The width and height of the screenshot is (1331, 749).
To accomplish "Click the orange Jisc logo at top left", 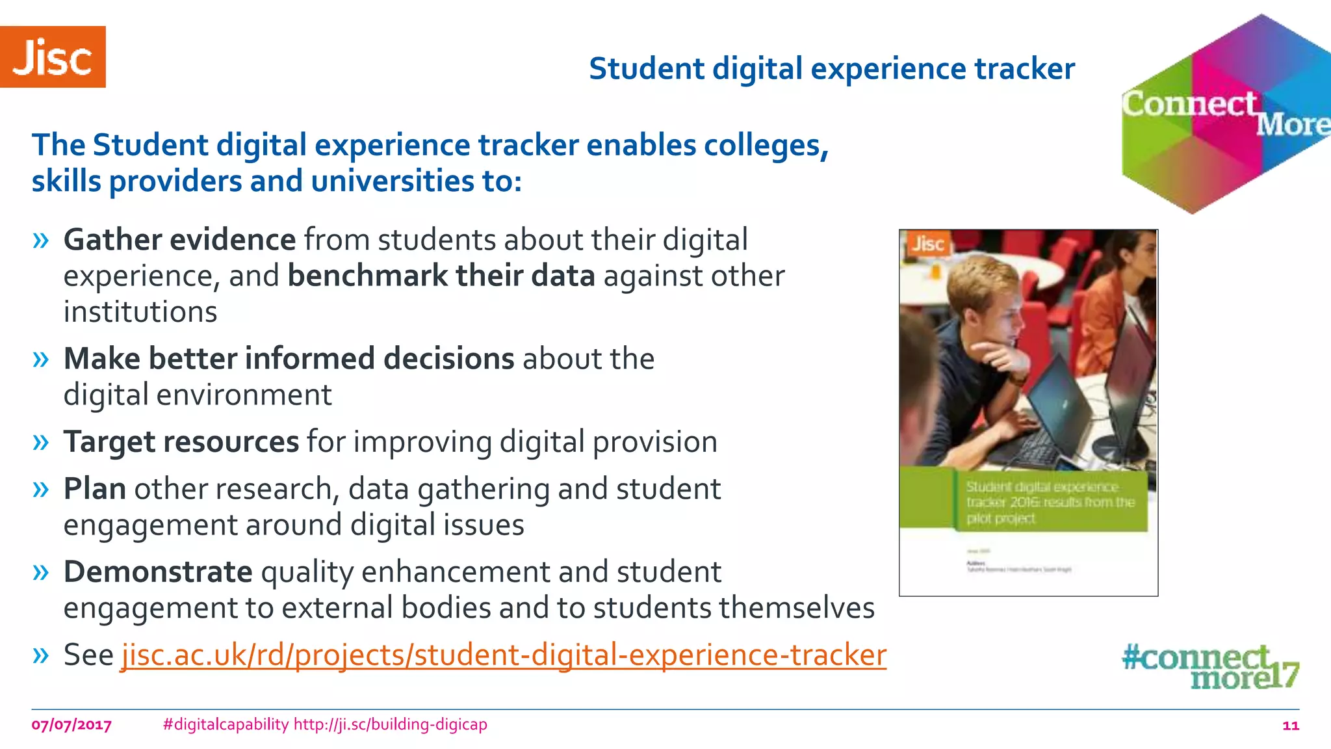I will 53,57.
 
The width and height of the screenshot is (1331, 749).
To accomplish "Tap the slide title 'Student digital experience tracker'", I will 831,69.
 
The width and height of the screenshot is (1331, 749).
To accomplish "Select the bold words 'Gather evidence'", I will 179,240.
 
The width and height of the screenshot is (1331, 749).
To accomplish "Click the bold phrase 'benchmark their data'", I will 441,276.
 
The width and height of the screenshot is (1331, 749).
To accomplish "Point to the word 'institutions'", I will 140,312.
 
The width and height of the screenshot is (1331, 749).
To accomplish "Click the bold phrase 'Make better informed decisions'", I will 289,359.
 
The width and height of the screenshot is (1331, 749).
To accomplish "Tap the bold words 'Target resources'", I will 181,442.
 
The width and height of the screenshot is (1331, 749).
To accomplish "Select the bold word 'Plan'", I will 94,489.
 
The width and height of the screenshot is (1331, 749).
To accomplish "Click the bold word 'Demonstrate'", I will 157,572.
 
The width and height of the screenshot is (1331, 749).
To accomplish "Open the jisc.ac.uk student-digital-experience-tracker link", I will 504,655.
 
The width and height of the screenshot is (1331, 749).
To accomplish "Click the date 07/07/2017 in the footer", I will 71,725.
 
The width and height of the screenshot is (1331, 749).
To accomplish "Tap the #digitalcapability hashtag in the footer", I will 226,724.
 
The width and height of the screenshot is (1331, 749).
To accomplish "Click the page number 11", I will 1290,726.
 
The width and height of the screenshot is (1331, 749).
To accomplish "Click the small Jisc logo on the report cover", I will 927,244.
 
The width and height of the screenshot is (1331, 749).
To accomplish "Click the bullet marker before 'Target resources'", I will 40,443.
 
